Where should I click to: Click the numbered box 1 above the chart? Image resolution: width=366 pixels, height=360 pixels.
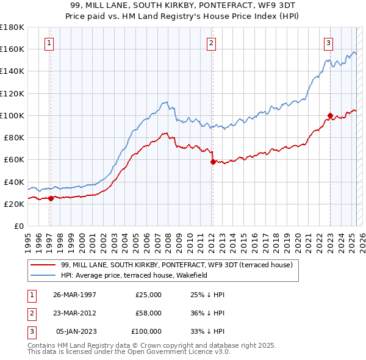point(48,43)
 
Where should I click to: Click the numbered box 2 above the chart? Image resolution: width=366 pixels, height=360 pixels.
point(210,43)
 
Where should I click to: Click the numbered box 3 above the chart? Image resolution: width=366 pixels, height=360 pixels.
point(328,43)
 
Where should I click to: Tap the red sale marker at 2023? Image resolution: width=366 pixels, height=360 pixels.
point(330,115)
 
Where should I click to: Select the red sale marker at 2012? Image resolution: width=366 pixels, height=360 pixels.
point(213,162)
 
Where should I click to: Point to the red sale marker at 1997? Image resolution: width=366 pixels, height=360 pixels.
point(51,198)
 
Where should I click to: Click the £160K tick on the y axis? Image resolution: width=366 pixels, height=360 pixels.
point(12,49)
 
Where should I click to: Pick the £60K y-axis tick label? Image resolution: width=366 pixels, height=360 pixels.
point(14,160)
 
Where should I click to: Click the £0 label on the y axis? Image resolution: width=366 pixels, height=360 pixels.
point(19,226)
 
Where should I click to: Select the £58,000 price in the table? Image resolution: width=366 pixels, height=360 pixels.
point(148,314)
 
